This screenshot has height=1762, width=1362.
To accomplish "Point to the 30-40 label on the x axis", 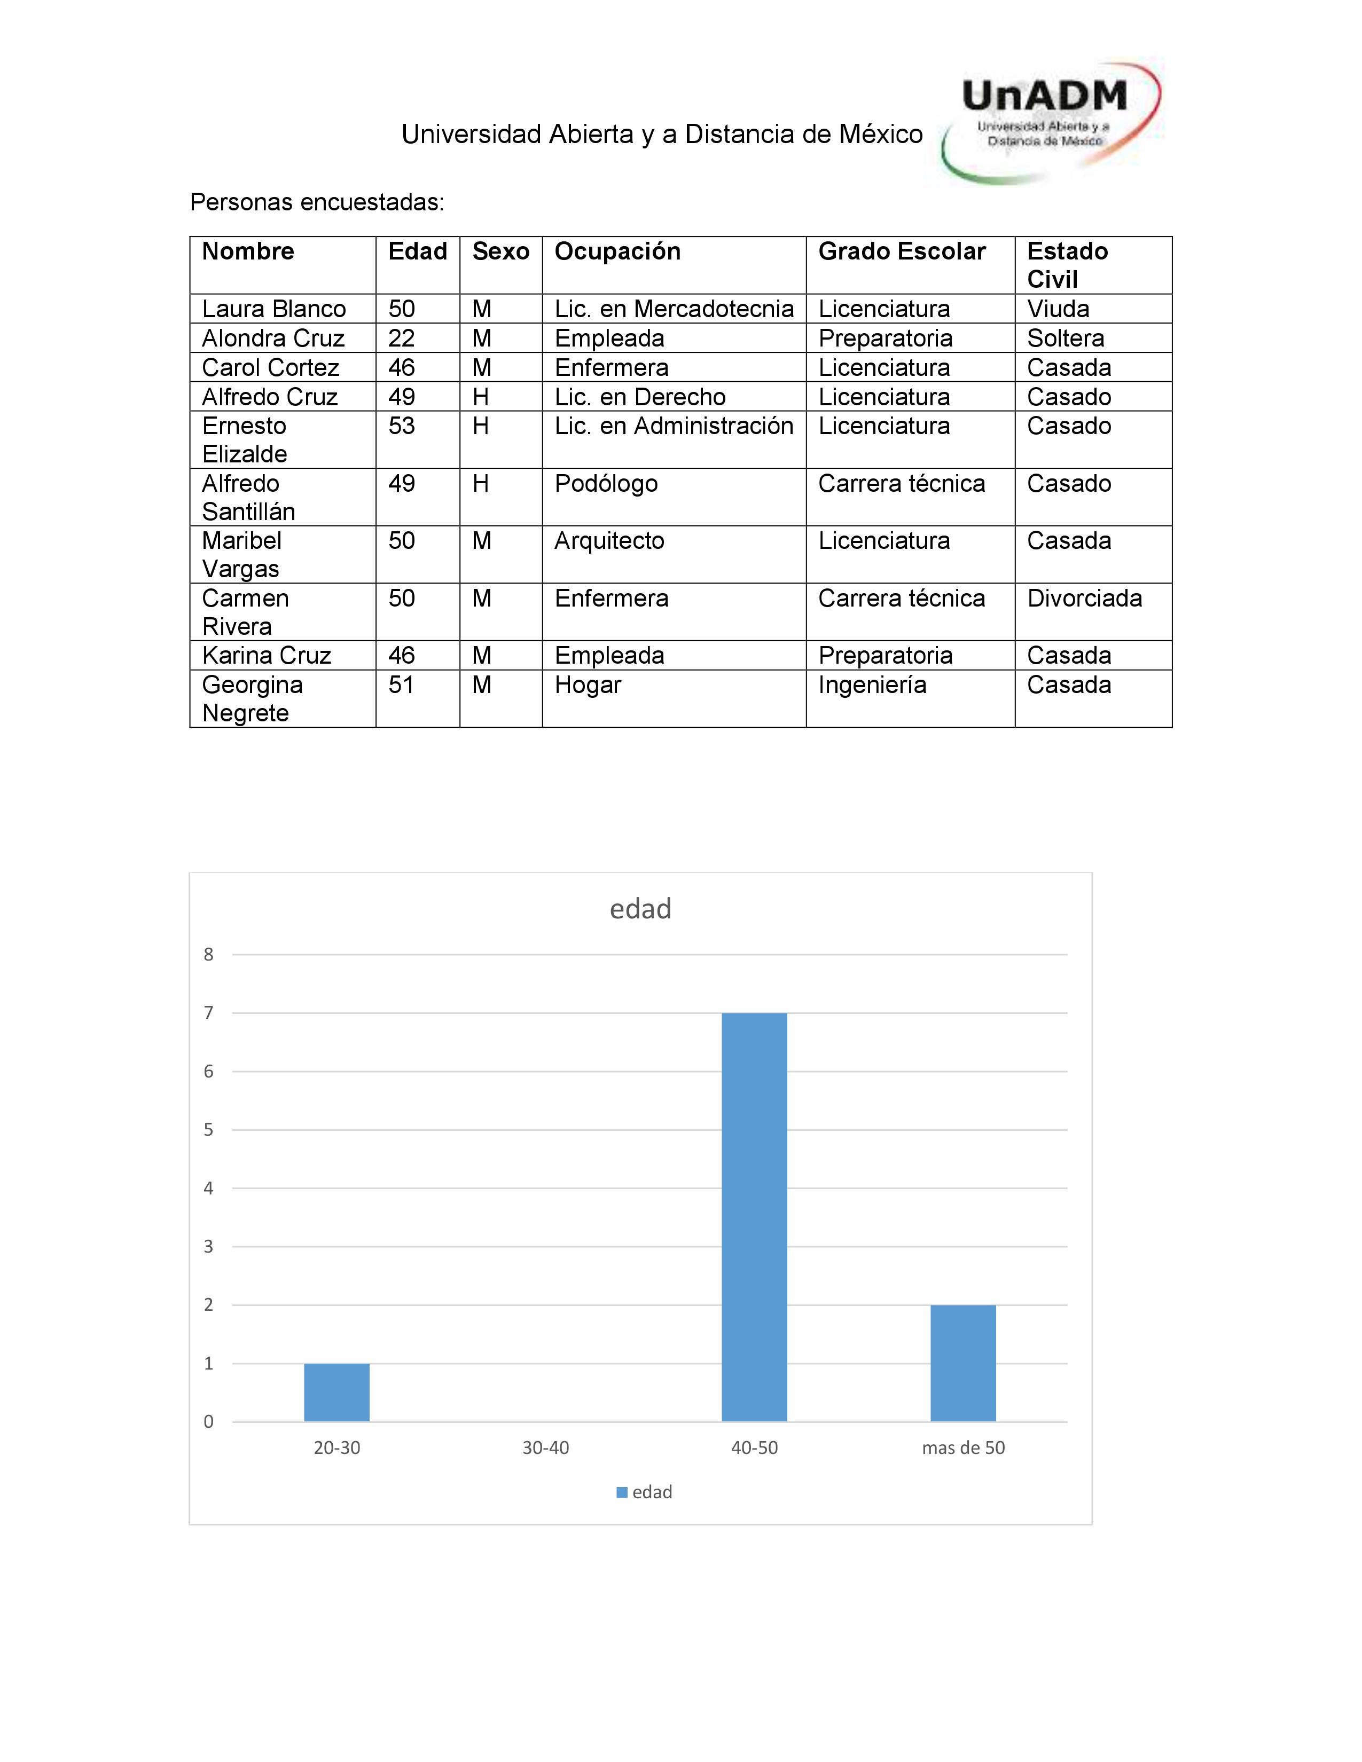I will click(545, 1448).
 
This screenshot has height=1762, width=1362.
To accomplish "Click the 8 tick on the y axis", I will click(208, 955).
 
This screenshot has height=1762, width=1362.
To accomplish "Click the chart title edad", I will click(640, 909).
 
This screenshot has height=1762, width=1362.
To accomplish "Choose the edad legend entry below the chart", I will click(645, 1492).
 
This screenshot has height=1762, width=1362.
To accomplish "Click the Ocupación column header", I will click(617, 251).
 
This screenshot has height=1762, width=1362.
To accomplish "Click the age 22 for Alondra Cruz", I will click(401, 338).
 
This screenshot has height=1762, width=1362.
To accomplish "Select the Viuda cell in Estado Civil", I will click(1058, 309).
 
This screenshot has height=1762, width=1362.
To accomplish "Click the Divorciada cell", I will click(1084, 599).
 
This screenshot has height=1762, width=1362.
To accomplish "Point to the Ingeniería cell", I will click(872, 685).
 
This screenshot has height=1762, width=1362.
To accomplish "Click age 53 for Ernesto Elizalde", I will click(401, 426).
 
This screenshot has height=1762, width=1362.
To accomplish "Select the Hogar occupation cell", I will click(588, 685).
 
